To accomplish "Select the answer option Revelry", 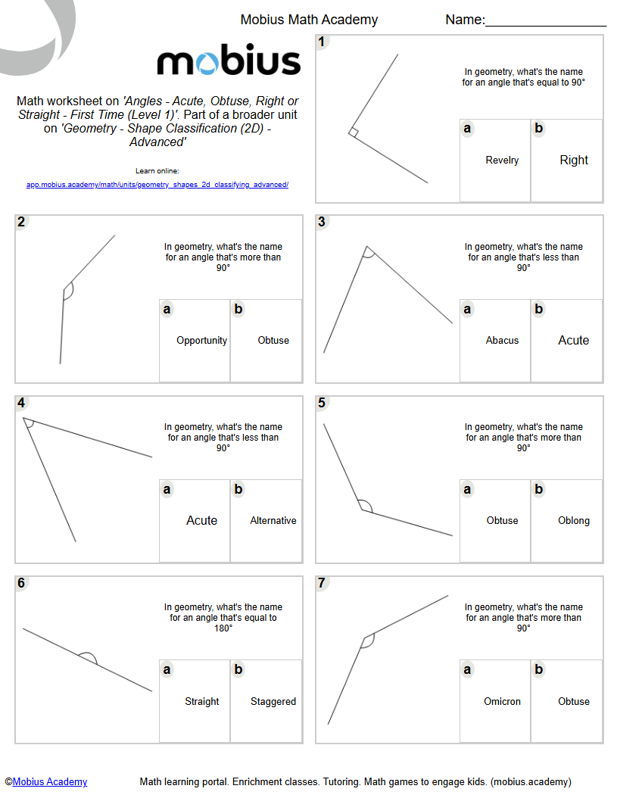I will click(x=502, y=161).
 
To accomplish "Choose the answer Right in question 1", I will click(x=573, y=161).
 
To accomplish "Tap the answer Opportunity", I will click(x=201, y=341).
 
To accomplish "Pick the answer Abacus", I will click(x=502, y=341).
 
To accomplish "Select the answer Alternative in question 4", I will click(x=273, y=521).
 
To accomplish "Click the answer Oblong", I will click(x=573, y=521).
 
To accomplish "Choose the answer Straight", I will click(x=201, y=702).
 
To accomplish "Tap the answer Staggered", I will click(x=273, y=702).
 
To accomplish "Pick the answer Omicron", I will click(x=502, y=702).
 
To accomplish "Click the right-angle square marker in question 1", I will click(x=353, y=132).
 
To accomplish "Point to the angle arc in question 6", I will click(x=88, y=656).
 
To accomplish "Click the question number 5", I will click(x=323, y=403).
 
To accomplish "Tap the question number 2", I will click(x=21, y=222).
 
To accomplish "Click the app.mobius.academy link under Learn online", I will click(x=157, y=185).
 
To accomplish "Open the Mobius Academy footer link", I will click(x=50, y=782).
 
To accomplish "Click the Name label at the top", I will click(x=465, y=20).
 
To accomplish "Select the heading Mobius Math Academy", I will click(x=309, y=20).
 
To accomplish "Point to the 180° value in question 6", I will click(x=223, y=628).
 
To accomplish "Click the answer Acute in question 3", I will click(x=573, y=341).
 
